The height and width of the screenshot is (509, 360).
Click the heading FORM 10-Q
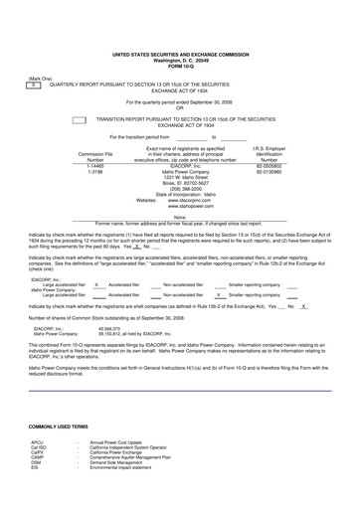[180, 66]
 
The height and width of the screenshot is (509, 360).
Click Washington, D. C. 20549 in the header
[180, 60]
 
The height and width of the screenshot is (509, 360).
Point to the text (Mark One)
[41, 78]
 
